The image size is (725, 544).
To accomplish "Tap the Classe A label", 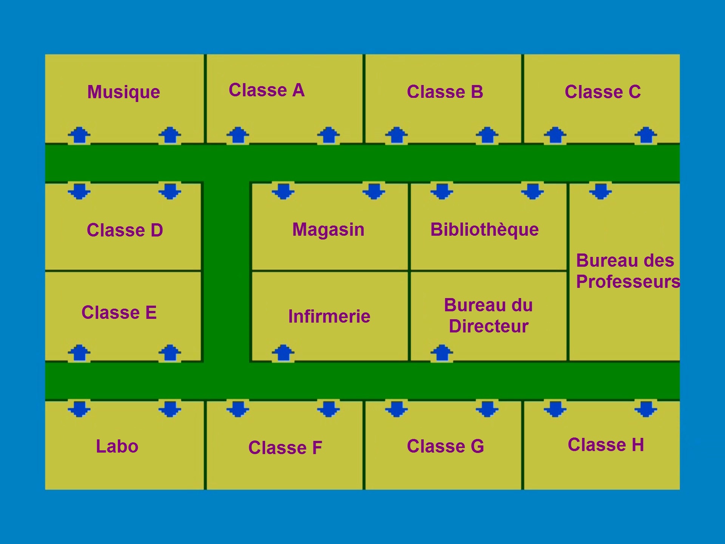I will click(267, 91).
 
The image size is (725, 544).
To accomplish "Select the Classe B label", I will click(445, 92).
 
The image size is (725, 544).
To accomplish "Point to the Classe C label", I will click(603, 92).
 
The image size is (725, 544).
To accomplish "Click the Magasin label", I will click(329, 230).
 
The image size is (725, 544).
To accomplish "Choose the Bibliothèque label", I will click(484, 230).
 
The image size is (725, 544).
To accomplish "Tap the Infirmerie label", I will click(329, 317).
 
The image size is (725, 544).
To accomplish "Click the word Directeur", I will click(489, 326).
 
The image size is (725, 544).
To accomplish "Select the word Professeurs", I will click(628, 282).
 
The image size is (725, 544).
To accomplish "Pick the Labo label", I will click(117, 447).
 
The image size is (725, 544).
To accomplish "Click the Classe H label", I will click(606, 445).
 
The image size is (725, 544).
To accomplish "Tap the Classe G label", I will click(445, 447).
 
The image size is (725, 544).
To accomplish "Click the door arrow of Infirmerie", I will click(283, 353).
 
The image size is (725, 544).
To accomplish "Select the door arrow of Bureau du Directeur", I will click(442, 353).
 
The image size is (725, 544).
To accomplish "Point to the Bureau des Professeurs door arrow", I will click(600, 191).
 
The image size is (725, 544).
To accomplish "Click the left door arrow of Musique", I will click(79, 135).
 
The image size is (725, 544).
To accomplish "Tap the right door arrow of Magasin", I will click(374, 191).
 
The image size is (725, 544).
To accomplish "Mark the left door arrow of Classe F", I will click(238, 409).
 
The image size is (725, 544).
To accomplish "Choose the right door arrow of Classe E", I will click(170, 353).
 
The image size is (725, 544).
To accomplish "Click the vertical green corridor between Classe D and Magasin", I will click(227, 272).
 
